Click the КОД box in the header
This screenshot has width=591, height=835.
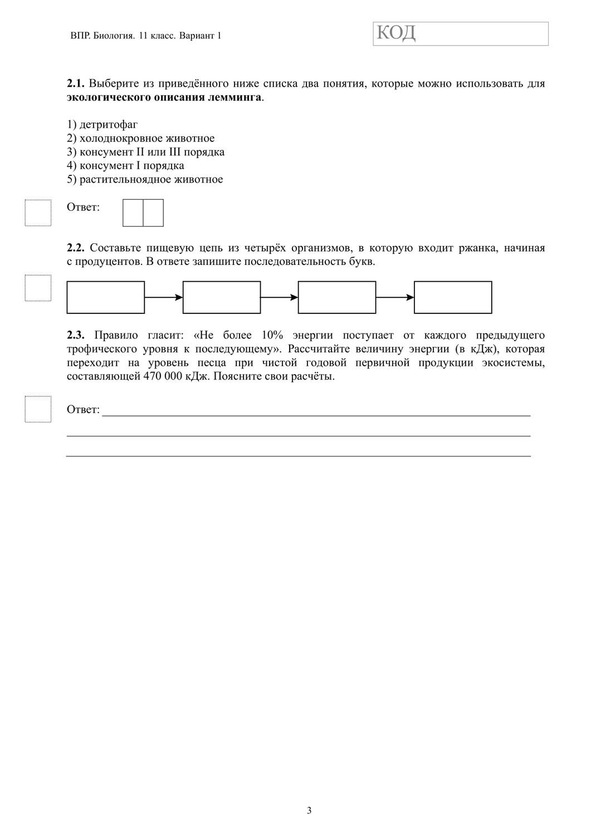461,33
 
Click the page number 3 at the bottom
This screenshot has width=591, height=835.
309,811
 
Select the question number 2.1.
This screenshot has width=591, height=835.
75,83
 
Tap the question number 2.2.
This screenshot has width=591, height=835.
75,248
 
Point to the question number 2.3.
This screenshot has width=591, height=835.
75,335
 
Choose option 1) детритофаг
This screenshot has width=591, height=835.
102,125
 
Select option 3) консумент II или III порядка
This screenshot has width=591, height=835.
145,152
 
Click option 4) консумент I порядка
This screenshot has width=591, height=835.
125,165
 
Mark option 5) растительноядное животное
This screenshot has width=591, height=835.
145,179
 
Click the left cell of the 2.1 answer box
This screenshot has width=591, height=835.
133,213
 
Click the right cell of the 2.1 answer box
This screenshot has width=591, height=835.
153,213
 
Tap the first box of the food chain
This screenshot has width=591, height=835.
106,297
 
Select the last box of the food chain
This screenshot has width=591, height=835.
453,297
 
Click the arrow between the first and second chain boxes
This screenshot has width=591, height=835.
164,297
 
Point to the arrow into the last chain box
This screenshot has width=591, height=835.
395,297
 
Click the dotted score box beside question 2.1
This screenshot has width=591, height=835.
38,213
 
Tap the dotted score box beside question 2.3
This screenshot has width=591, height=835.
38,409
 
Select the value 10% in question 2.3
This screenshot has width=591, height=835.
272,335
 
